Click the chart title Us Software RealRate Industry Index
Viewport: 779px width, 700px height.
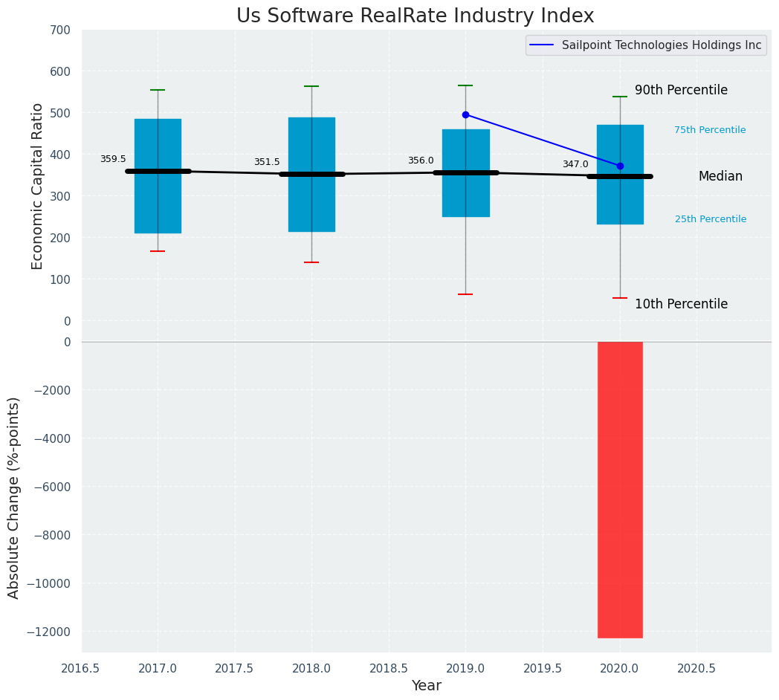tap(415, 16)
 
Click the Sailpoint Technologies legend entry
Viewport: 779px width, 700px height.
tap(644, 45)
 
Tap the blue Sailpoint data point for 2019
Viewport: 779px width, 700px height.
tap(465, 114)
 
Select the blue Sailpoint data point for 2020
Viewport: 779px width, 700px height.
tap(620, 166)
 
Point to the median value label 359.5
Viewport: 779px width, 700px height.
tap(113, 159)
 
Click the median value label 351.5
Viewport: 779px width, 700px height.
tap(267, 162)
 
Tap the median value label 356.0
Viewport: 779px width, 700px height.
tap(421, 161)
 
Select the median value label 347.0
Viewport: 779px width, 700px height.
tap(575, 164)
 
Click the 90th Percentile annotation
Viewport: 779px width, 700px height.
tap(681, 90)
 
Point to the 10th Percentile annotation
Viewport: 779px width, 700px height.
tap(681, 304)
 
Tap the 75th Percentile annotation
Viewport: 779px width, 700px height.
tap(710, 130)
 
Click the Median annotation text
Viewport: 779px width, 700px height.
tap(720, 176)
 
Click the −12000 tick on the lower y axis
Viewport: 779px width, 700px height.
tap(48, 632)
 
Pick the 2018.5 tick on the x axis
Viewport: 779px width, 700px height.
tap(388, 668)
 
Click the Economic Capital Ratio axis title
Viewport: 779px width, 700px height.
tap(38, 186)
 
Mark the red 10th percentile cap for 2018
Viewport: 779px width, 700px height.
tap(311, 262)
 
